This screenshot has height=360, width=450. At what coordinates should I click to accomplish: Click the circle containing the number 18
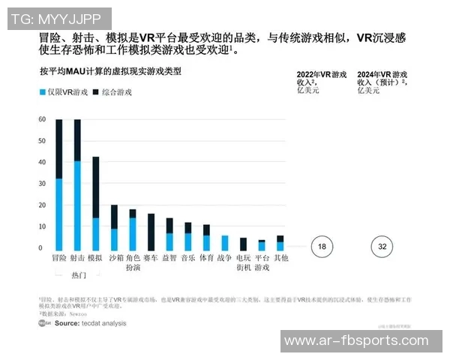pos(321,247)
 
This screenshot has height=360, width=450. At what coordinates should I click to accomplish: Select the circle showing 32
pos(382,247)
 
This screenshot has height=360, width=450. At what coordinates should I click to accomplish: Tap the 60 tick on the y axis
pos(42,120)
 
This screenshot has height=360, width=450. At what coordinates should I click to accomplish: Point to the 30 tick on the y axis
pos(42,184)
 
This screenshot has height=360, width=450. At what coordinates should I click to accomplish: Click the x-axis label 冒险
pos(58,258)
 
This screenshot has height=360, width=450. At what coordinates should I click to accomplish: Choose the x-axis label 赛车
pos(151,258)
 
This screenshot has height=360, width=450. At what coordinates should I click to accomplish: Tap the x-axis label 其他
pos(280,258)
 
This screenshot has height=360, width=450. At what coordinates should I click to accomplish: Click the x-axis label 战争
pos(224,258)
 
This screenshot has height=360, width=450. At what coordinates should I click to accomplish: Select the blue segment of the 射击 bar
pos(77,205)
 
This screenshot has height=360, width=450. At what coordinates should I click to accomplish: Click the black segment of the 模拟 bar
pos(95,187)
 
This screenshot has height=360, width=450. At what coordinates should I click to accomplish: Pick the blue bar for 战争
pos(224,243)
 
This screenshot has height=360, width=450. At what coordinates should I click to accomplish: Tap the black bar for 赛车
pos(151,232)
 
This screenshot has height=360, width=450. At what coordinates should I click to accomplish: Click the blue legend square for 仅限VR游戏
pos(42,92)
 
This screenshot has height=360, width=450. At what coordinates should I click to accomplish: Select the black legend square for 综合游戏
pos(96,92)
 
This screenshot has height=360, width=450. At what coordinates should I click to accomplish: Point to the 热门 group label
pos(77,275)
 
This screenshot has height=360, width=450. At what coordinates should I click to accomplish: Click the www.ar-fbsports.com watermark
pos(361,340)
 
